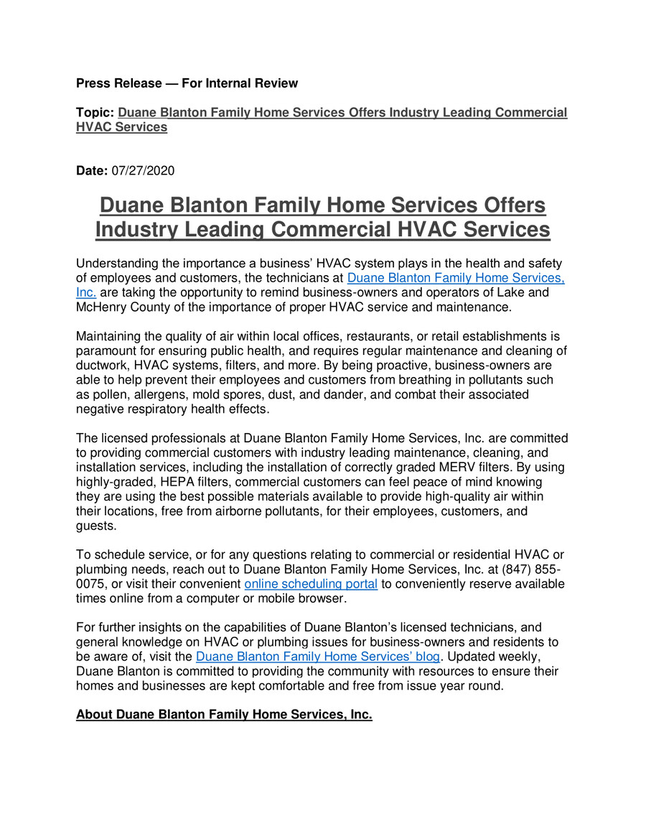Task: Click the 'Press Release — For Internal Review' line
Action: (x=187, y=83)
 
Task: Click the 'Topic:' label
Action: (x=95, y=113)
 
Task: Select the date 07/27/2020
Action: (x=143, y=171)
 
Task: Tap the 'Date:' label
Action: (x=92, y=171)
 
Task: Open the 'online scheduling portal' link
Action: (x=311, y=584)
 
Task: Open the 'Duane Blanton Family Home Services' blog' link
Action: (x=317, y=656)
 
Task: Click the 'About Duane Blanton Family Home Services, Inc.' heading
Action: (x=224, y=715)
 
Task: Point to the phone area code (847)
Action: (x=513, y=569)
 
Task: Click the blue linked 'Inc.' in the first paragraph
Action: (x=86, y=292)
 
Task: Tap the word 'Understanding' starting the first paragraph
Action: (x=114, y=264)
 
